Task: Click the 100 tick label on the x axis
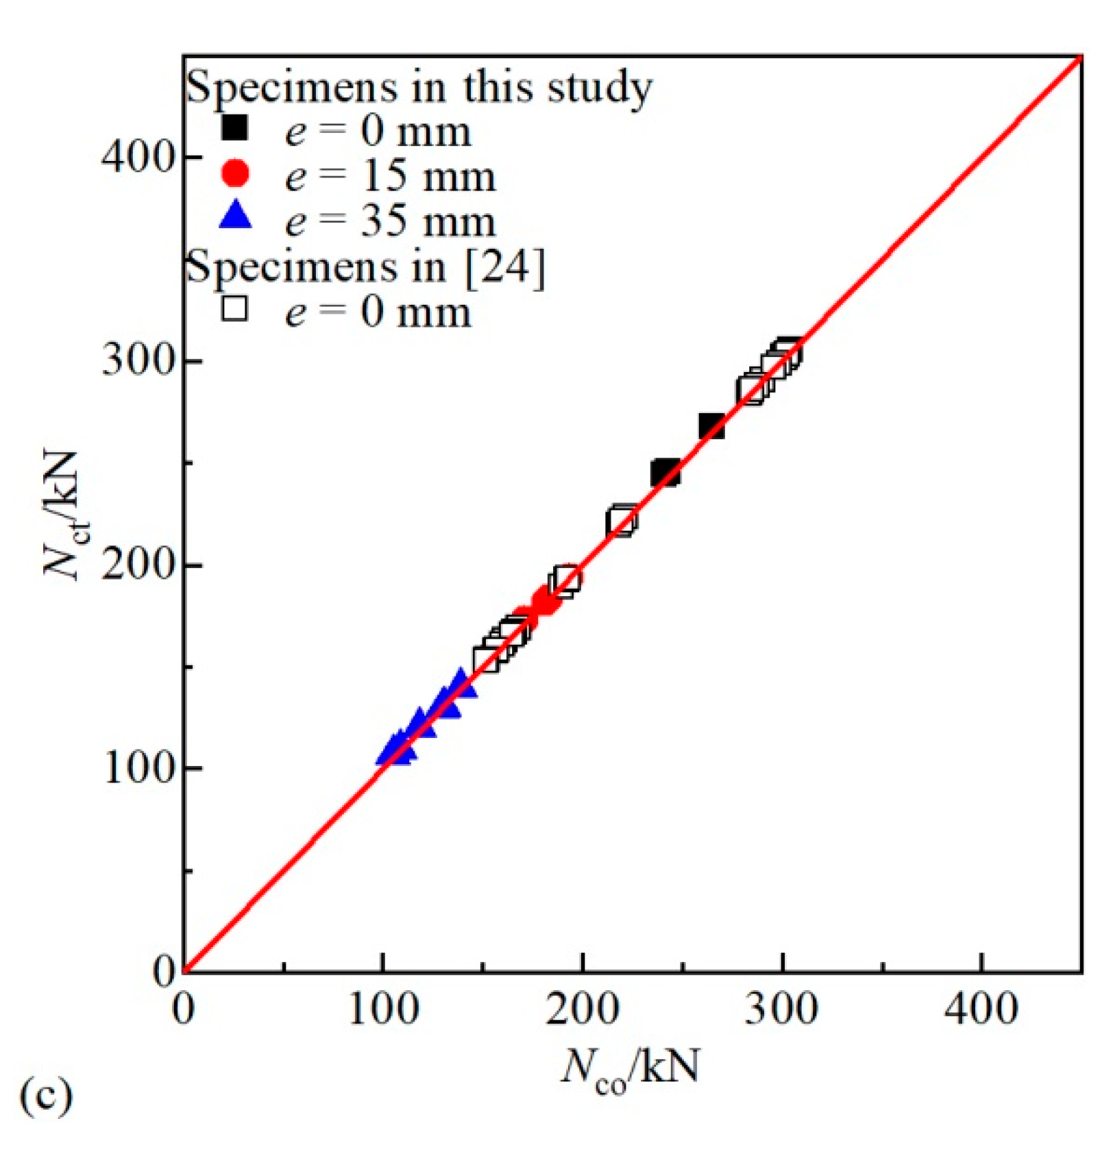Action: (x=382, y=1009)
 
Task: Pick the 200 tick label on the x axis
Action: (x=582, y=1009)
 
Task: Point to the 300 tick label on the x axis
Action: (x=781, y=1009)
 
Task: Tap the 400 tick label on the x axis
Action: (x=981, y=1009)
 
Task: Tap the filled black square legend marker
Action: (x=235, y=128)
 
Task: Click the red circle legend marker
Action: (x=235, y=173)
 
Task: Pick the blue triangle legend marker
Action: (x=235, y=216)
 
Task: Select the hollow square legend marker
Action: (x=235, y=309)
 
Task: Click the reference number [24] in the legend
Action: (x=505, y=268)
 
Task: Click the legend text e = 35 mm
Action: (x=390, y=221)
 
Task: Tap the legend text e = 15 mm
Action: (x=390, y=176)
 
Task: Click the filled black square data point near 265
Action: (x=711, y=426)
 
